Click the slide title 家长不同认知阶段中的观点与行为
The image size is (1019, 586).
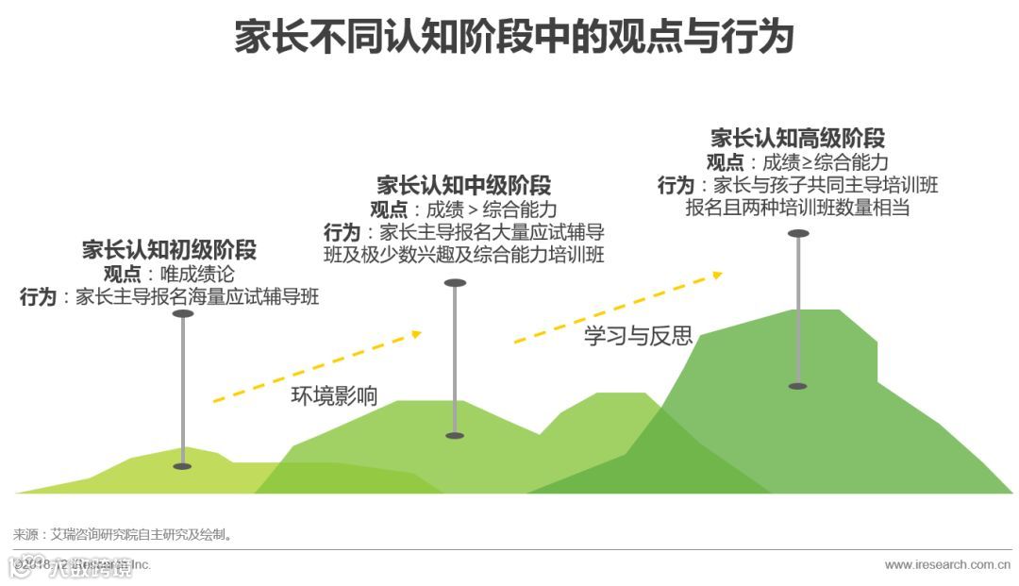(513, 39)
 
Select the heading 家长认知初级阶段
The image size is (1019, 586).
(169, 250)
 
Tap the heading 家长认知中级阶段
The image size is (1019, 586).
(463, 185)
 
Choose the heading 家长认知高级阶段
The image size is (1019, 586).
(797, 138)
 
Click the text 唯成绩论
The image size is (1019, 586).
(196, 274)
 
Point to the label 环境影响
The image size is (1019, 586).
(334, 395)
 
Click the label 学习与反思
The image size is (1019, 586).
(638, 335)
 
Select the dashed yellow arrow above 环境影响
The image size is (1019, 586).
(316, 367)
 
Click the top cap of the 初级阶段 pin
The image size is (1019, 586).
(183, 313)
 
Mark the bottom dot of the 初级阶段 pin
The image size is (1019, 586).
(182, 466)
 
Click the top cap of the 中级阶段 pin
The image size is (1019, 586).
(455, 283)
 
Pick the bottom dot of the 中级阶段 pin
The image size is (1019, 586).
(455, 435)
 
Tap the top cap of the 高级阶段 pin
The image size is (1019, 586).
(798, 233)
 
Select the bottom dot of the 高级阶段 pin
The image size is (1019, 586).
(798, 386)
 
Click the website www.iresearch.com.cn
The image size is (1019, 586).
(951, 565)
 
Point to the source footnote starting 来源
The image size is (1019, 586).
(123, 534)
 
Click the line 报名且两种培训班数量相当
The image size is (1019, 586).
(797, 208)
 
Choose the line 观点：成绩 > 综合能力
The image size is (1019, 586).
(463, 209)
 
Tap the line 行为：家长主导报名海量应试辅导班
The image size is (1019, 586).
(170, 297)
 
